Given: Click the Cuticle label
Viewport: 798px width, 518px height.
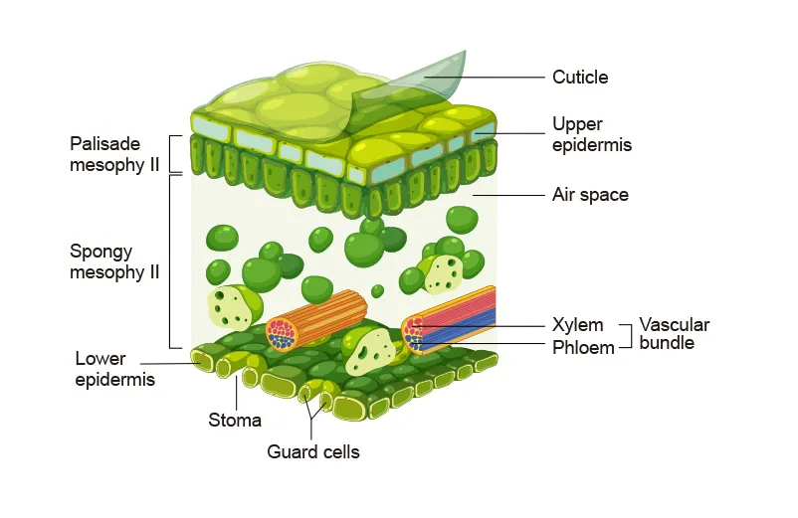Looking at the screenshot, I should click(x=580, y=77).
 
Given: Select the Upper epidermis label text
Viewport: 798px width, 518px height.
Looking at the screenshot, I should click(x=592, y=134).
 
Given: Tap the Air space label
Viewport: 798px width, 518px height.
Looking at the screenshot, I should click(x=590, y=195).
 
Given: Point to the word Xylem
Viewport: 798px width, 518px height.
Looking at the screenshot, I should click(x=577, y=325).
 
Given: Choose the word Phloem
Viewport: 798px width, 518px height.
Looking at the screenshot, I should click(x=583, y=348).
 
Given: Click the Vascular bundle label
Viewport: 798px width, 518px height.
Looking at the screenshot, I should click(x=675, y=334).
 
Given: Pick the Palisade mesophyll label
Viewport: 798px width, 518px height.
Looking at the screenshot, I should click(x=114, y=154).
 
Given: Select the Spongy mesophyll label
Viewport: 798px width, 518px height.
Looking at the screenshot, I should click(x=114, y=261).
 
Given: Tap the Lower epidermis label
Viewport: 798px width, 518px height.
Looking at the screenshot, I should click(x=114, y=368).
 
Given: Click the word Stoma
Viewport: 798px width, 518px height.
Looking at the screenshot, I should click(x=235, y=420).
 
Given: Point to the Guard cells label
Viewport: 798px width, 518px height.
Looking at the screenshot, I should click(x=313, y=452).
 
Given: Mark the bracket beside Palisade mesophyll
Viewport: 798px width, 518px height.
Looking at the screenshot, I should click(x=175, y=154).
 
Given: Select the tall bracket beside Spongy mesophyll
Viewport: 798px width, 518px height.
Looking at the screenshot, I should click(x=175, y=261).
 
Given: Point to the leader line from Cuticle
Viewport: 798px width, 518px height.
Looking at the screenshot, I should click(x=498, y=78).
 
